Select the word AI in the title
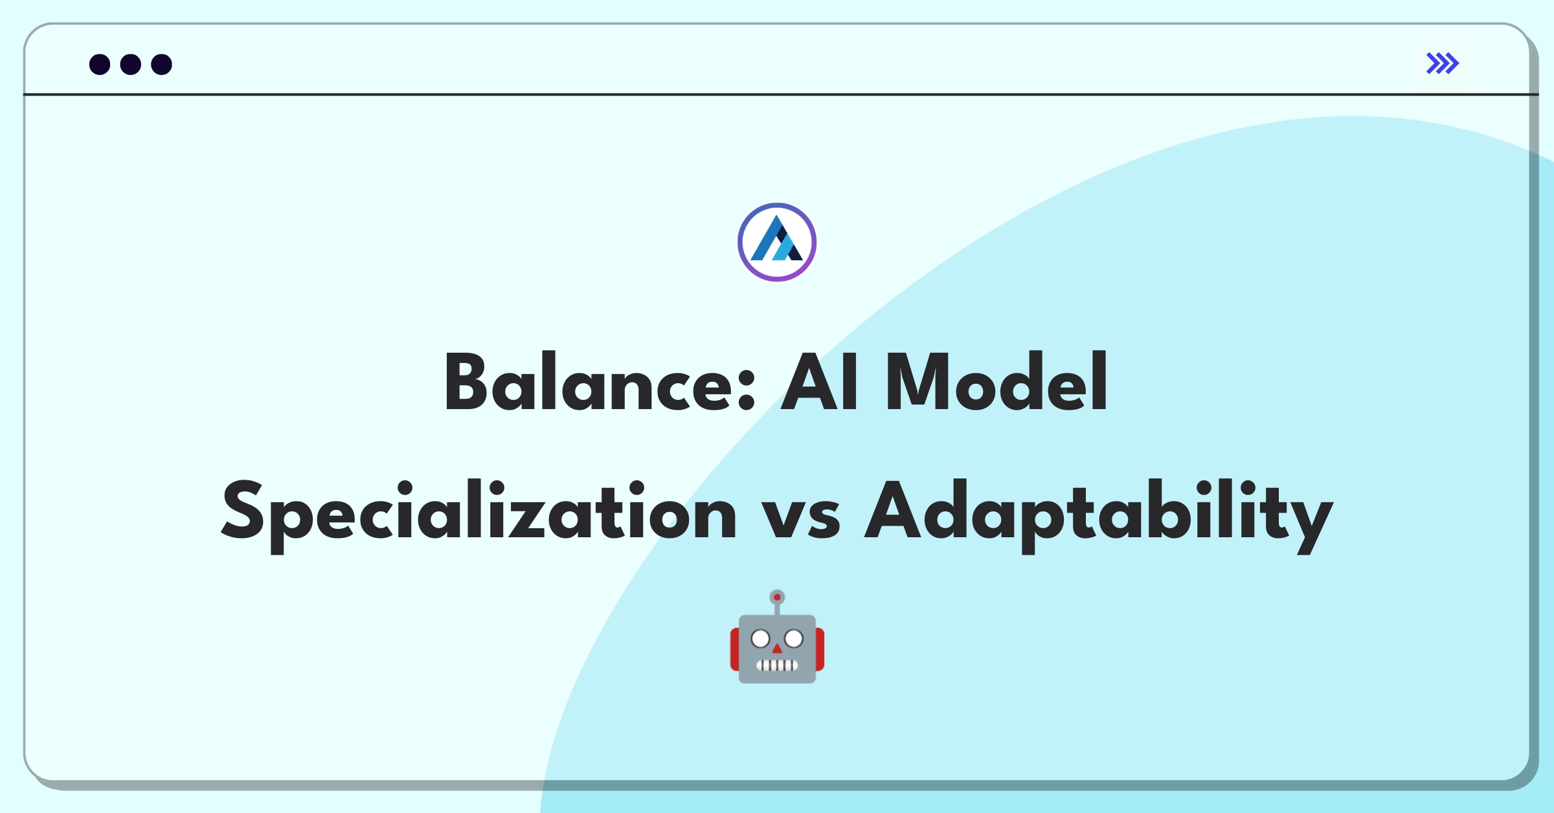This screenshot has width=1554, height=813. [x=820, y=383]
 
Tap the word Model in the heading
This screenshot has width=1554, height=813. [x=996, y=383]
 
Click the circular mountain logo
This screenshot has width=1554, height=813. [x=777, y=242]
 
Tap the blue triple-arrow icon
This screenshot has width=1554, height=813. [x=1442, y=63]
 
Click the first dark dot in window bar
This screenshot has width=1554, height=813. [x=100, y=65]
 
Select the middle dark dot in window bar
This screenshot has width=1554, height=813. [x=131, y=65]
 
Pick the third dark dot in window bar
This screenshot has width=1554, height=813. [x=161, y=65]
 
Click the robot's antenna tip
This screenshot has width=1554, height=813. [x=777, y=597]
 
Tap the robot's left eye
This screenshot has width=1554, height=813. [x=760, y=640]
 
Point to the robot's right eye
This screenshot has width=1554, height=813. [x=794, y=640]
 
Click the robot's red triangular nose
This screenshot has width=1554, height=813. [x=777, y=649]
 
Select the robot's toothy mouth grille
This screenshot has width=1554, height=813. [x=777, y=665]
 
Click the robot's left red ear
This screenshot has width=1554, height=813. [x=735, y=649]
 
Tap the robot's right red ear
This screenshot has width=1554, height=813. [x=820, y=649]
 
